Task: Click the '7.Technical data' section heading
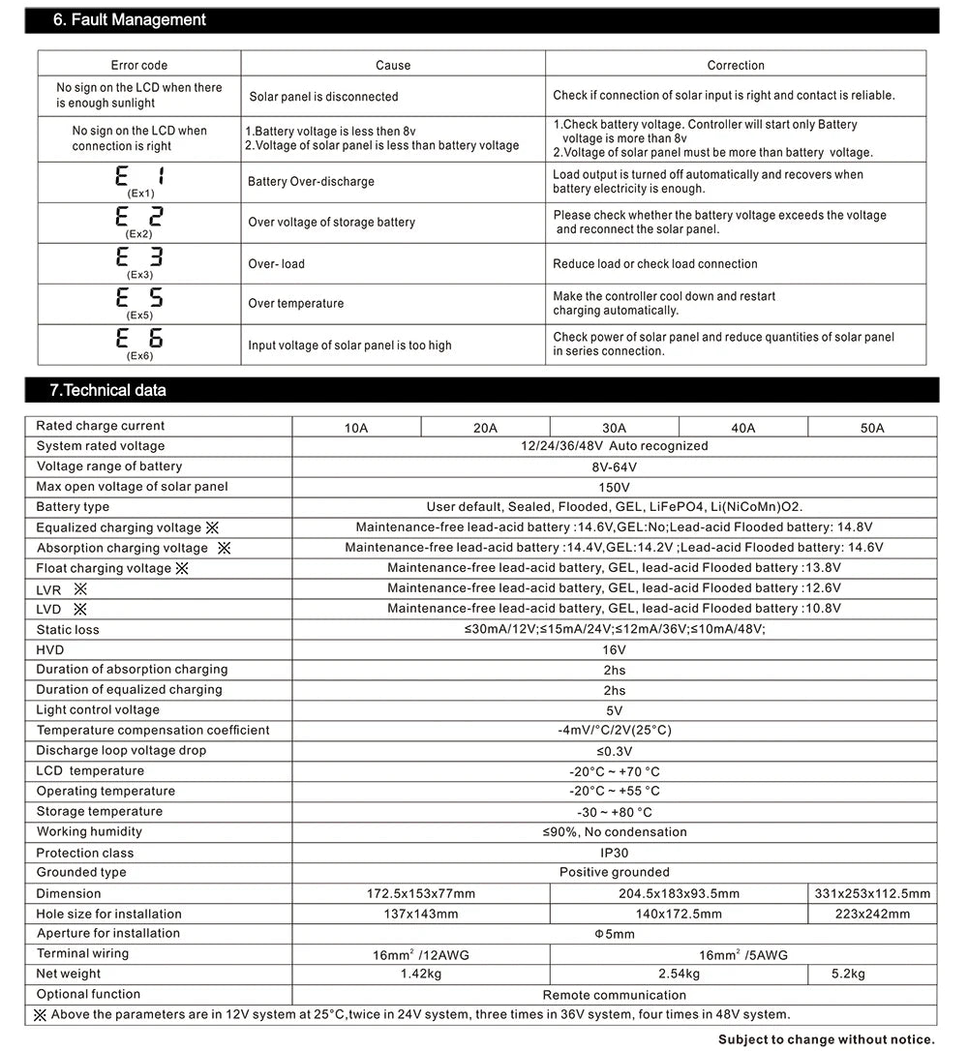[107, 390]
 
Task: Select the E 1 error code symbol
[140, 177]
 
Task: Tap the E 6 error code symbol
[140, 339]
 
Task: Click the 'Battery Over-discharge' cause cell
[311, 181]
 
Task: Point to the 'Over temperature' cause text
[295, 303]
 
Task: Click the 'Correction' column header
[736, 65]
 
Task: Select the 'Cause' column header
[393, 65]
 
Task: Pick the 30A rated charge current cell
[614, 428]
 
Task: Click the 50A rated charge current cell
[872, 428]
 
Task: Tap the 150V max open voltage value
[614, 487]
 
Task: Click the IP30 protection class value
[614, 853]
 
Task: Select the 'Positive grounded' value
[614, 872]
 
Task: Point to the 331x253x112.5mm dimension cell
[872, 893]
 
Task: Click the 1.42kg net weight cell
[421, 974]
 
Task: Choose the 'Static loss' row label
[68, 629]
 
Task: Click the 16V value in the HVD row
[614, 649]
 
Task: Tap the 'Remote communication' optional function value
[614, 995]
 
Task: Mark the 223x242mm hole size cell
[872, 914]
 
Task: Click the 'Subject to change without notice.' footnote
[826, 1039]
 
